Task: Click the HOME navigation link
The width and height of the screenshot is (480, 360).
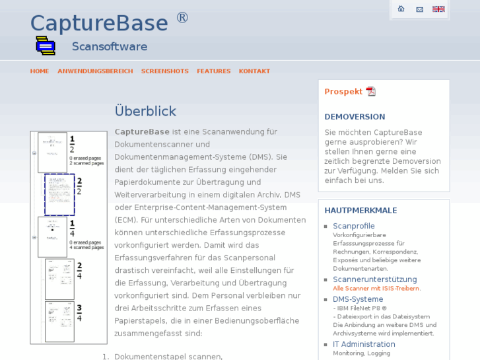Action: click(x=40, y=71)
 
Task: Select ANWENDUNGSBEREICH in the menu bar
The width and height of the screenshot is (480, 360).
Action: click(x=95, y=71)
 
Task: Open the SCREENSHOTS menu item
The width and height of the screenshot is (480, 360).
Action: click(x=164, y=71)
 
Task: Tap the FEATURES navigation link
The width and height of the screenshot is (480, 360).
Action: click(x=213, y=71)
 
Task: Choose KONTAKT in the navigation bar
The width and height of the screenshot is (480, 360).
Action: click(x=254, y=71)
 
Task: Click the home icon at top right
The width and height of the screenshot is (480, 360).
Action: click(x=401, y=9)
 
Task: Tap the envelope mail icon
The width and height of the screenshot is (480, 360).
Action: click(x=419, y=9)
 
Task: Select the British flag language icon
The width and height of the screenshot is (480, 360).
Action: click(x=438, y=9)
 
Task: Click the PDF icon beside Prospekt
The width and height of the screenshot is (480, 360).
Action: click(x=371, y=92)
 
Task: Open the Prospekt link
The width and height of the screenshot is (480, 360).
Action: click(x=343, y=92)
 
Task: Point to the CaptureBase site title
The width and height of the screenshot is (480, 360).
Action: click(x=99, y=23)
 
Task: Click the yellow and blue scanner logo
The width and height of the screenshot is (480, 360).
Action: click(x=46, y=46)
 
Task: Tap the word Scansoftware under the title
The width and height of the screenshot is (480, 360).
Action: click(x=110, y=47)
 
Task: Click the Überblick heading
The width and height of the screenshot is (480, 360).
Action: click(x=145, y=111)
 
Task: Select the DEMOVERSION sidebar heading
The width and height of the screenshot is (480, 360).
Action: click(x=355, y=117)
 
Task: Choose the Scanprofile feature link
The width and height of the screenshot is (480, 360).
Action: click(x=353, y=226)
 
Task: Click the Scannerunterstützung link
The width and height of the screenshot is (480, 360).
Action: click(x=374, y=279)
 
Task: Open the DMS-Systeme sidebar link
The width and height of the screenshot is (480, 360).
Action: click(x=358, y=299)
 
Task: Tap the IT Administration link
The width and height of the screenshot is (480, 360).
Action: click(x=364, y=344)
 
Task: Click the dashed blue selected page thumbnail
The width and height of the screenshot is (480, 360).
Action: click(x=59, y=195)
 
